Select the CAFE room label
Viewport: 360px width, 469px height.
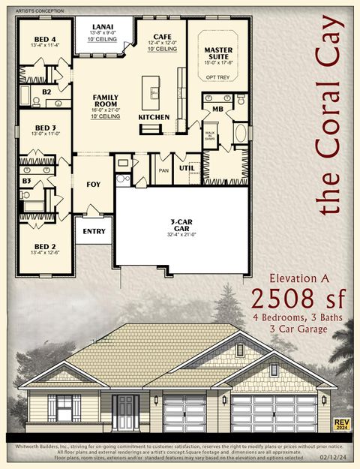click(163, 36)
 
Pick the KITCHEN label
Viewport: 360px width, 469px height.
click(154, 117)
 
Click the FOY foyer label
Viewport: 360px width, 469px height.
click(94, 184)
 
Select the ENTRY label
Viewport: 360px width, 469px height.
click(94, 231)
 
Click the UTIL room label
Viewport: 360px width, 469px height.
click(186, 168)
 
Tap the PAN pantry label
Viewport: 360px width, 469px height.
click(163, 170)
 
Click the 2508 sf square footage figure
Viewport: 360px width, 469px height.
click(298, 298)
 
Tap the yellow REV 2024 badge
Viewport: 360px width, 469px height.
click(341, 425)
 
